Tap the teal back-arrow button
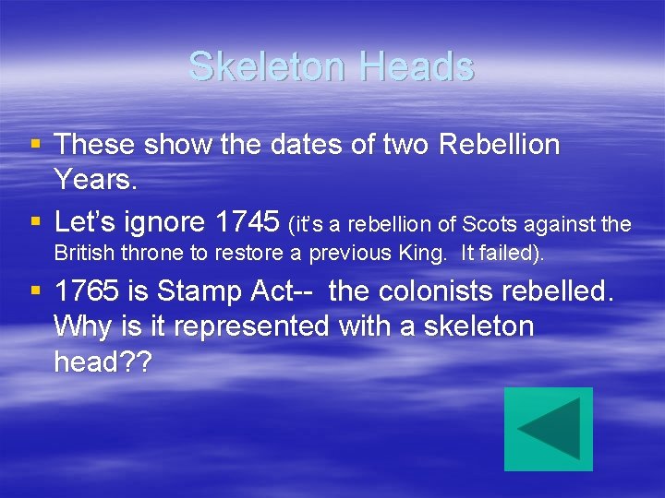(549, 429)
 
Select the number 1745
(247, 222)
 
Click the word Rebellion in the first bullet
(500, 145)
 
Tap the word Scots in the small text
(491, 224)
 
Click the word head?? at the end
(103, 362)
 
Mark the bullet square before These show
(35, 144)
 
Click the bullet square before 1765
(35, 291)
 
